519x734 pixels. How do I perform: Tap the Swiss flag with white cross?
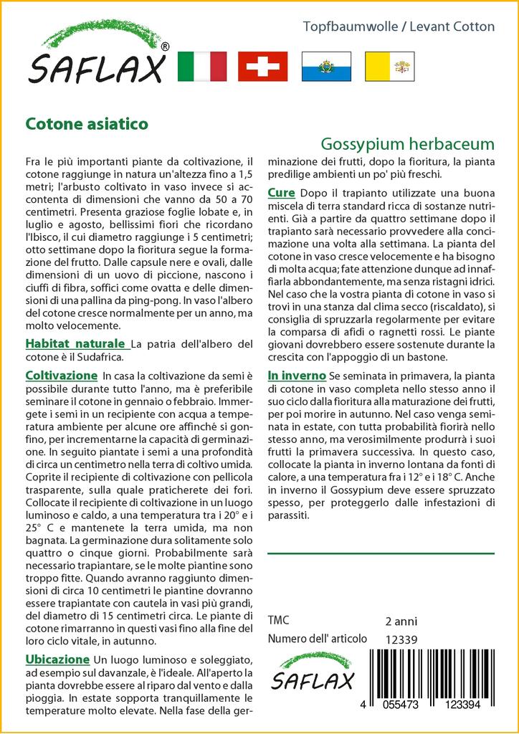[x=262, y=66]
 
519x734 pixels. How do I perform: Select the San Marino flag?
[x=325, y=66]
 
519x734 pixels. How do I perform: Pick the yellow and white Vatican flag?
[x=388, y=66]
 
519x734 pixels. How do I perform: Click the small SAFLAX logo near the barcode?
[x=313, y=672]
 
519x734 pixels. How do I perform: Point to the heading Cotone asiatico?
[x=87, y=123]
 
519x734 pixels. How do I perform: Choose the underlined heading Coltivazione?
[x=61, y=376]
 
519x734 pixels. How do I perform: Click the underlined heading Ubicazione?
[x=57, y=659]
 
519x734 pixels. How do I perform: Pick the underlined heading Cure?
[x=281, y=193]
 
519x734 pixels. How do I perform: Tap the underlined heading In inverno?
[x=297, y=376]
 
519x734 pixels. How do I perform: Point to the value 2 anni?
[x=401, y=621]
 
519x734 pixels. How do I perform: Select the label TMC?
[x=278, y=621]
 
